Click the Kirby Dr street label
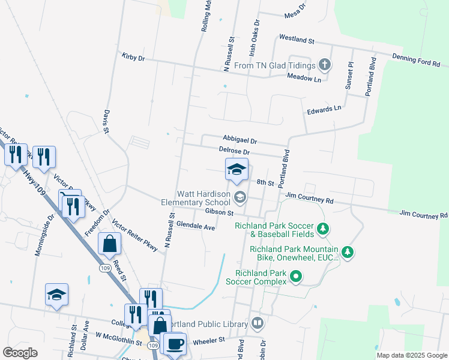point(133,58)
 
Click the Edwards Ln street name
point(324,109)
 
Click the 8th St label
point(265,182)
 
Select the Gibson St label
point(218,212)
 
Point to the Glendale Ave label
point(197,227)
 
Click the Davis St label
point(106,121)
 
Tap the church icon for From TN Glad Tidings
point(324,65)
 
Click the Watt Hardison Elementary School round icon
point(240,197)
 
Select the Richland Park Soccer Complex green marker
point(295,277)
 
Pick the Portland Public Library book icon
point(258,323)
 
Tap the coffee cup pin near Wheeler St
point(175,344)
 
